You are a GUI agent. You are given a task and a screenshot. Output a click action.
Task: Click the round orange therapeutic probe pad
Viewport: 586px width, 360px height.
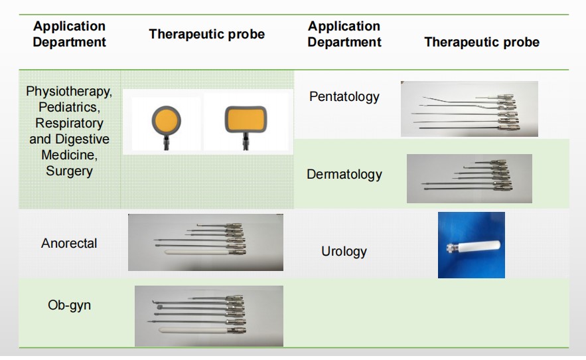pos(167,122)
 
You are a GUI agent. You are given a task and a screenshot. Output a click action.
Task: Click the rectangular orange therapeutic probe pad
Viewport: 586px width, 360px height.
pos(246,120)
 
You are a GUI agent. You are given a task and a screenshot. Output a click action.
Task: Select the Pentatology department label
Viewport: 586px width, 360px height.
pos(344,97)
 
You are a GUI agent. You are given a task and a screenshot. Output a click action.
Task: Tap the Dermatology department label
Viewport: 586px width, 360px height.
pos(344,175)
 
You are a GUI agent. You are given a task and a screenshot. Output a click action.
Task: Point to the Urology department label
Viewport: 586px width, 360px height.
pos(344,251)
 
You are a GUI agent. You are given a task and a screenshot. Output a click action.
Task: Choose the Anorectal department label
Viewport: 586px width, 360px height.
pos(69,243)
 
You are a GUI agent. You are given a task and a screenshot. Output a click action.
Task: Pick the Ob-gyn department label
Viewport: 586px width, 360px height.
pos(69,305)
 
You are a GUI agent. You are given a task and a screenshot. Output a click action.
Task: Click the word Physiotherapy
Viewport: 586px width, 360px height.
pos(69,91)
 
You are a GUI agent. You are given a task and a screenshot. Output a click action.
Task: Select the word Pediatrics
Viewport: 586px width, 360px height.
pos(69,108)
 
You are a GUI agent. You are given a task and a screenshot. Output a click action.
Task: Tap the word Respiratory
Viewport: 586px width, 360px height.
pos(69,123)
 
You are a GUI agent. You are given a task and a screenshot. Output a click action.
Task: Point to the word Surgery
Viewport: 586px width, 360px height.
pos(69,171)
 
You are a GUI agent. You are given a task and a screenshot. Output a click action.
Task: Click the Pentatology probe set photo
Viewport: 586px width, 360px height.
pos(469,109)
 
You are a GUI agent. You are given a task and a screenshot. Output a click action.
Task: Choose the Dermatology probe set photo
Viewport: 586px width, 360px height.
pos(469,179)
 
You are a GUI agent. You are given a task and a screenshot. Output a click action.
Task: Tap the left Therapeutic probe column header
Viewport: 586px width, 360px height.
pos(206,34)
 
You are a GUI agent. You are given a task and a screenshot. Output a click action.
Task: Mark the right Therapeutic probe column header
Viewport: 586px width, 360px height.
pos(482,42)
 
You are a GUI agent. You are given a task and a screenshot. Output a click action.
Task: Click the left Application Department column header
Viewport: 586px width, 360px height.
pos(69,34)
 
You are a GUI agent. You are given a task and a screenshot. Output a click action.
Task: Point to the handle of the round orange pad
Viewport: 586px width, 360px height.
pos(166,143)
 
